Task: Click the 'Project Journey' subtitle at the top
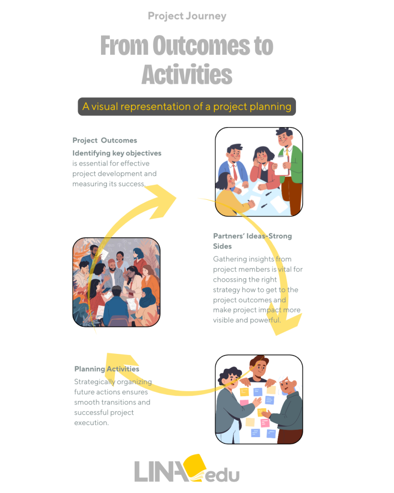[187, 16]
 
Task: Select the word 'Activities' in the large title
[187, 75]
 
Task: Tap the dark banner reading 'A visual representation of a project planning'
[187, 106]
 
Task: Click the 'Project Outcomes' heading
[104, 140]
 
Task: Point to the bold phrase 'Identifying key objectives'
[117, 153]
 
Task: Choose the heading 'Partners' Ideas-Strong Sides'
[252, 241]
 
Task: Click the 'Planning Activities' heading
[107, 369]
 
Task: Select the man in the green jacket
[290, 170]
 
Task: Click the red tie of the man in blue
[235, 172]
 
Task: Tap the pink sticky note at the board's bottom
[265, 423]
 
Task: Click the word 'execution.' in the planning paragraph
[91, 423]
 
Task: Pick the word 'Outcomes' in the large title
[201, 46]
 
